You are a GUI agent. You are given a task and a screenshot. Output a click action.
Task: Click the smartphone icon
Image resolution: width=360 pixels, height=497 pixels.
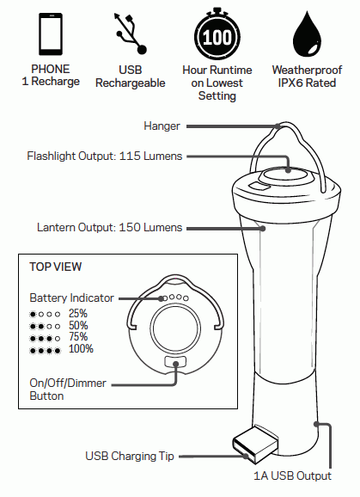[50, 34]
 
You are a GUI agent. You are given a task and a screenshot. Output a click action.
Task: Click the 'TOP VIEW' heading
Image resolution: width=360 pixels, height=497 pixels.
[56, 267]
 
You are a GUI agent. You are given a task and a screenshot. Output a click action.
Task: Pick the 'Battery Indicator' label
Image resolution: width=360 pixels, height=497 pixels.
[71, 298]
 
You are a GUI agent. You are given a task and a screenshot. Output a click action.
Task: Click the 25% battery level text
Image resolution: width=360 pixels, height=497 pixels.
[78, 313]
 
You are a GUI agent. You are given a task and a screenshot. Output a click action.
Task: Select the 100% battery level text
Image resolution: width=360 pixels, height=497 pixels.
[81, 349]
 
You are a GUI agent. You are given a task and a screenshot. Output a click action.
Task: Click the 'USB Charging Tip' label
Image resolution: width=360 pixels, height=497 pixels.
[130, 456]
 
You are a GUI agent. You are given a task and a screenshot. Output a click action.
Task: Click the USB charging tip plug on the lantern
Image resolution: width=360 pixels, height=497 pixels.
[254, 442]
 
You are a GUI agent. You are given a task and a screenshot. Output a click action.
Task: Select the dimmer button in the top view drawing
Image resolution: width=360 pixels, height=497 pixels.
[176, 365]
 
